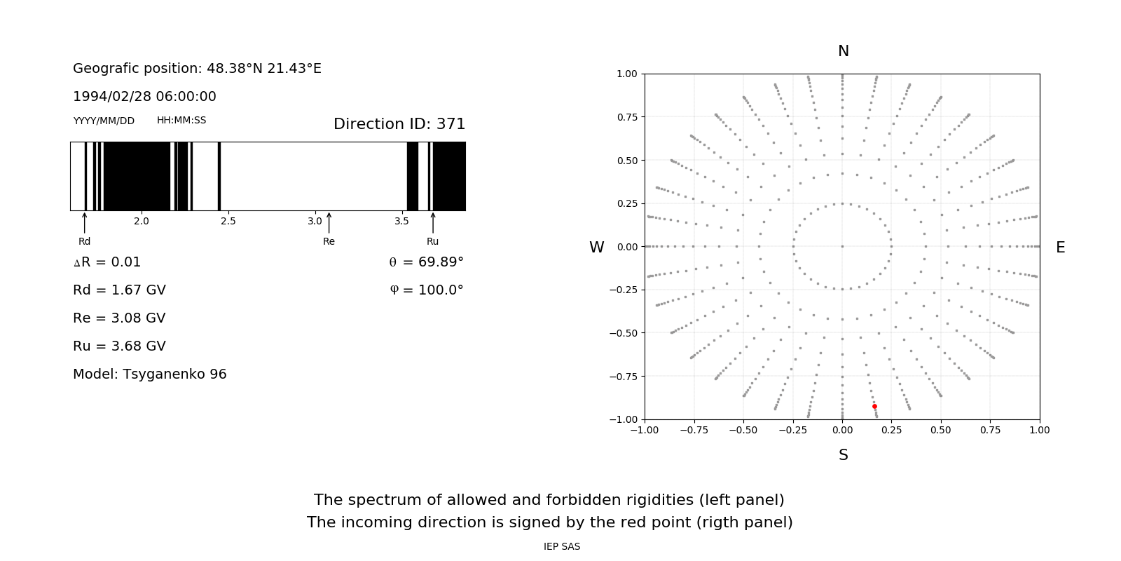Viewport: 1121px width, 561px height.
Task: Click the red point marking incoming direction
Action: coord(874,407)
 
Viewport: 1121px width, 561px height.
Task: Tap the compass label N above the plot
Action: coord(844,51)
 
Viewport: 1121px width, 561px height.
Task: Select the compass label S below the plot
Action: coord(844,455)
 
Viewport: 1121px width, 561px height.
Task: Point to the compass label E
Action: coord(1060,248)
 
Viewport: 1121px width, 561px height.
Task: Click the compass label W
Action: coord(596,248)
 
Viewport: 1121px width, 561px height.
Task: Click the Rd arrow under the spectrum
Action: coord(85,222)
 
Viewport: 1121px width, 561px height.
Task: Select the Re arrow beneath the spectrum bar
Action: coord(329,222)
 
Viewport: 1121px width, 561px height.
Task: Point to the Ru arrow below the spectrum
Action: coord(433,222)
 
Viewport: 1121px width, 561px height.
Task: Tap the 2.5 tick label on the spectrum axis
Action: coord(228,222)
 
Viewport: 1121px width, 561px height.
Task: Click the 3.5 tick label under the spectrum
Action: coord(401,222)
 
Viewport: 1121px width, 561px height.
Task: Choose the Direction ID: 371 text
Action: coord(399,124)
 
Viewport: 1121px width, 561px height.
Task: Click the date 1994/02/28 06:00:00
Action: coord(144,97)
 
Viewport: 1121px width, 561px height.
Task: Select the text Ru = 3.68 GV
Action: coord(119,346)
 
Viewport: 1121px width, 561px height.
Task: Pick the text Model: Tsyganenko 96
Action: coord(150,374)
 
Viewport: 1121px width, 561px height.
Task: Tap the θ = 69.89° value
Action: coord(426,262)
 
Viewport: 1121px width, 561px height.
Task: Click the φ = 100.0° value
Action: coord(427,290)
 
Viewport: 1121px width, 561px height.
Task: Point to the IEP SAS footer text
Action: coord(562,547)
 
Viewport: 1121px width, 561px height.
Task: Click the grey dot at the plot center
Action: coord(842,246)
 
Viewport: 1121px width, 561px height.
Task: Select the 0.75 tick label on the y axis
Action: coord(626,117)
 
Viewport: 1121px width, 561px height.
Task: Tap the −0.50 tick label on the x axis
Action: coord(743,430)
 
